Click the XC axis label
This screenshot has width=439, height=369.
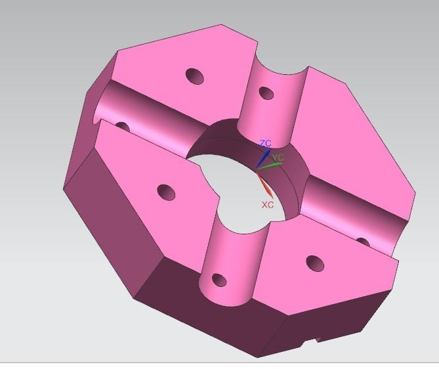tap(267, 205)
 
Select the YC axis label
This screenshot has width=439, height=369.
tap(279, 158)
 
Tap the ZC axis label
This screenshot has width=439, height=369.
tap(265, 143)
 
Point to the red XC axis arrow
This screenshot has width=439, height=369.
tap(263, 183)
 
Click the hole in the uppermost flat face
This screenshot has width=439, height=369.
tap(195, 77)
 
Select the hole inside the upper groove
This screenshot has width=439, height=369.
tap(266, 93)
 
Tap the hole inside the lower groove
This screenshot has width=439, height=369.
tap(219, 282)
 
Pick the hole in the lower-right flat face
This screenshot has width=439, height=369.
tap(315, 264)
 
